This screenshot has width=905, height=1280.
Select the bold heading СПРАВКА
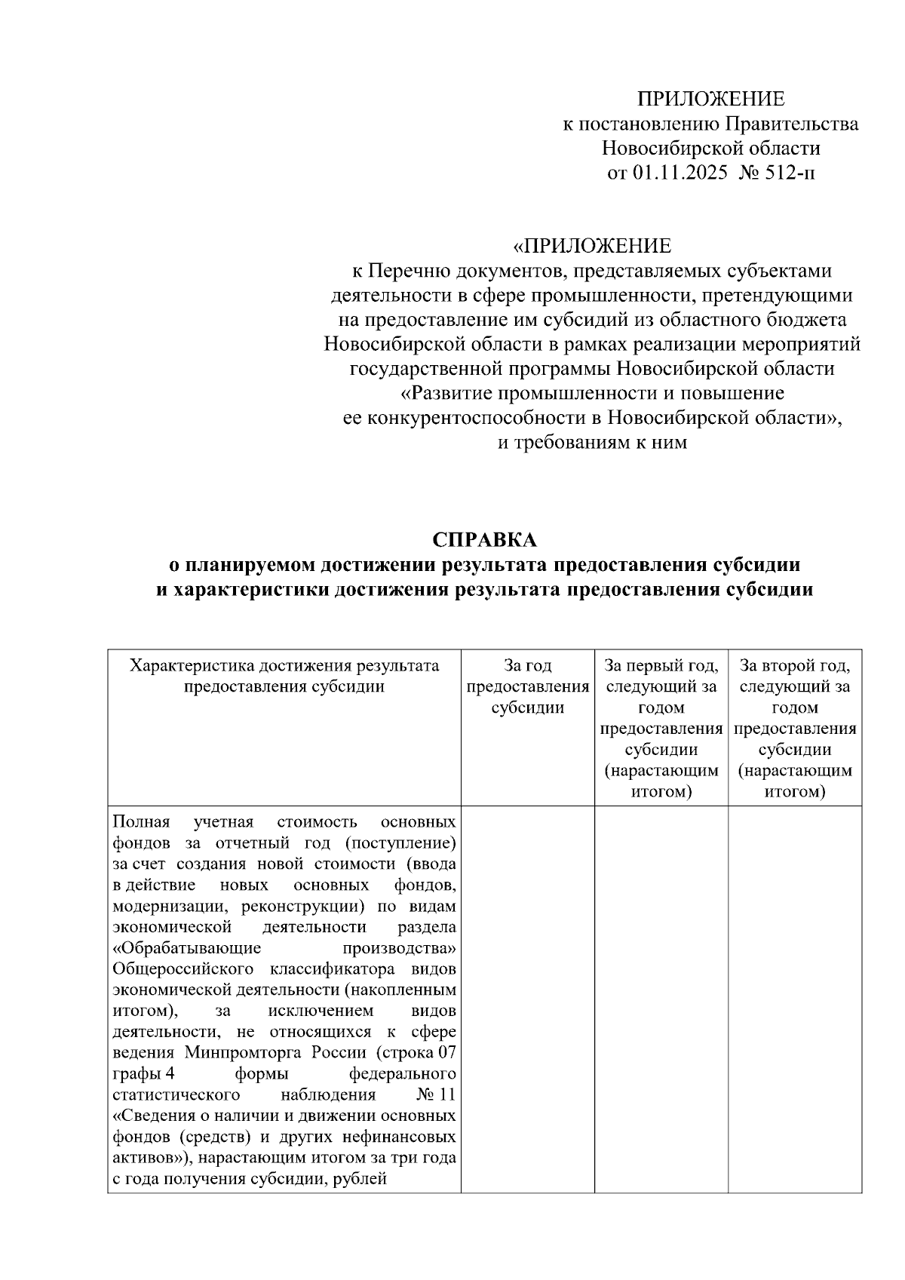pos(484,540)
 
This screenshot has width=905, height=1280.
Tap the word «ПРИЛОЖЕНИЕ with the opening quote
pos(591,247)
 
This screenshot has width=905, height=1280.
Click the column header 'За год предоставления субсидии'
pos(527,686)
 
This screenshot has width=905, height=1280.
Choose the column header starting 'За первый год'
pos(661,728)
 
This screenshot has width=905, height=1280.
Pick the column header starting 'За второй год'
pos(794,728)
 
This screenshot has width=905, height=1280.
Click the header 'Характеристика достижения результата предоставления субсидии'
pos(284,676)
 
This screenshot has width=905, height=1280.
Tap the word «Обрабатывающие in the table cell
pos(186,947)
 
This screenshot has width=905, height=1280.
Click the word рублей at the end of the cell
pos(361,1180)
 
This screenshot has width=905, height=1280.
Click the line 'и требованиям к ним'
pos(592,443)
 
